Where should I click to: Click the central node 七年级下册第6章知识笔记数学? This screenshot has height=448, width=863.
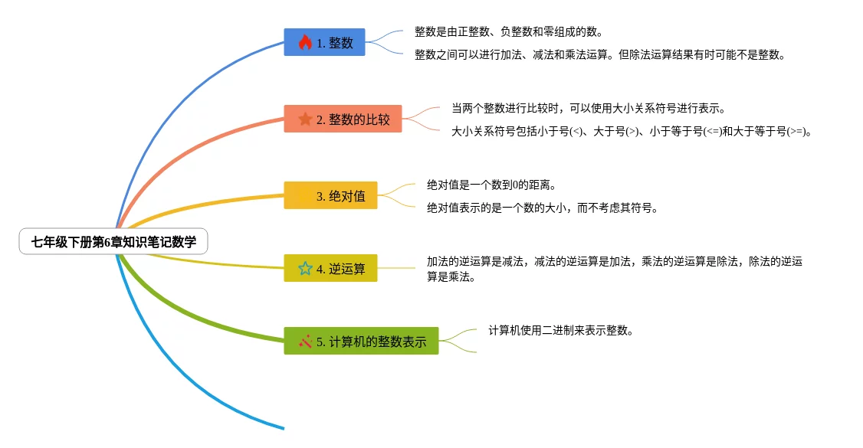tap(113, 241)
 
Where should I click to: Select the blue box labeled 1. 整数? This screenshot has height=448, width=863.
tap(324, 42)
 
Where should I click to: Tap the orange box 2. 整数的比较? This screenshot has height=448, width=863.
tap(343, 119)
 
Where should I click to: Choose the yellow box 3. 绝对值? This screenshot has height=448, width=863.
tap(330, 195)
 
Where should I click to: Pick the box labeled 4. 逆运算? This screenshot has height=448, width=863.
tap(330, 268)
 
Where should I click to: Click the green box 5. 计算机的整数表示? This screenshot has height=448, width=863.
tap(361, 341)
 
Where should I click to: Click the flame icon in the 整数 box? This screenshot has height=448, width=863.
tap(305, 42)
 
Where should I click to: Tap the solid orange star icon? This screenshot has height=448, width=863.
tap(305, 119)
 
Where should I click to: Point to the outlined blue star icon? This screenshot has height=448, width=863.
tap(305, 268)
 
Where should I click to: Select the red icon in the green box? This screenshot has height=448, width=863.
tap(305, 342)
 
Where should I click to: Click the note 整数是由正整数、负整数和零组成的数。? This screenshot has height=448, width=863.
tap(509, 32)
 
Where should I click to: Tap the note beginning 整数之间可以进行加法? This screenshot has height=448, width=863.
tap(600, 54)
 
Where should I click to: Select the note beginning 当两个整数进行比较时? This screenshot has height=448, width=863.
tap(589, 108)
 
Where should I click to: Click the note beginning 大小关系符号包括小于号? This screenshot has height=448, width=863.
tap(632, 132)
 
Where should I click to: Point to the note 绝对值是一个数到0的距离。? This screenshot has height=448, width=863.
tap(492, 185)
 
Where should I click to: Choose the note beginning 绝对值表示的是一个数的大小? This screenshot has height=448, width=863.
tap(543, 208)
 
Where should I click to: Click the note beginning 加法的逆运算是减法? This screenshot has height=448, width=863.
tap(615, 269)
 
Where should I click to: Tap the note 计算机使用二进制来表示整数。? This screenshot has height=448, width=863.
tap(561, 330)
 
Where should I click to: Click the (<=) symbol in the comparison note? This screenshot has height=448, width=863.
tap(713, 132)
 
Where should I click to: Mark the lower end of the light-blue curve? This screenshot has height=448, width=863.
tap(284, 428)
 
